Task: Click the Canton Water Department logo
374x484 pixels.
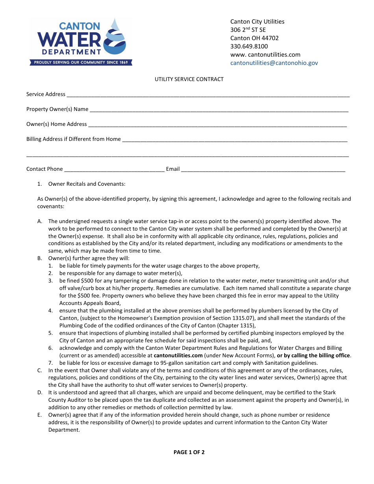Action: pyautogui.click(x=81, y=41)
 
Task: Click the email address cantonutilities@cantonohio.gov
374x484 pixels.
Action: pyautogui.click(x=274, y=63)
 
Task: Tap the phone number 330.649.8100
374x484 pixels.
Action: pyautogui.click(x=249, y=46)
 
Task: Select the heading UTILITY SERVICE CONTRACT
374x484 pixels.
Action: pyautogui.click(x=189, y=79)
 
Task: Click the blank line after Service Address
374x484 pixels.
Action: pyautogui.click(x=208, y=95)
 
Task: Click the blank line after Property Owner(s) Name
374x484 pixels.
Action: pyautogui.click(x=219, y=110)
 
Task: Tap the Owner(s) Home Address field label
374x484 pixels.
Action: pyautogui.click(x=56, y=124)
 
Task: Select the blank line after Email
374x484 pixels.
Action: pyautogui.click(x=263, y=170)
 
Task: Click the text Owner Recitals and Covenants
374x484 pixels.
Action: pyautogui.click(x=87, y=184)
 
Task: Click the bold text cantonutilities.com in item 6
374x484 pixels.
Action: pyautogui.click(x=178, y=355)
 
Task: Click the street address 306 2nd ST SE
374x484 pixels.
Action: pyautogui.click(x=248, y=30)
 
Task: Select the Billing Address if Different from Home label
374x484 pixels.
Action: pyautogui.click(x=73, y=139)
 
